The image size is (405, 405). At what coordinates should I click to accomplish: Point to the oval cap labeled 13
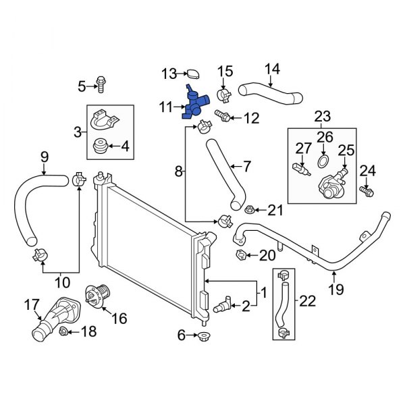(192, 73)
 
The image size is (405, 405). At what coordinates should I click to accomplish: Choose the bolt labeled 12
(221, 116)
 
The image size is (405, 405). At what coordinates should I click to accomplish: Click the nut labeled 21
(250, 211)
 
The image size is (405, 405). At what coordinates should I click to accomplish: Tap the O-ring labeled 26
(323, 162)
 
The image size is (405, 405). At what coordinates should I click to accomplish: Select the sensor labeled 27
(300, 169)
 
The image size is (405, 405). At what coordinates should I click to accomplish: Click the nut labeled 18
(63, 331)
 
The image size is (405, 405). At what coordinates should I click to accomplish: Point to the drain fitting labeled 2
(221, 305)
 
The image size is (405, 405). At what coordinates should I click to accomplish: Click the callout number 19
(335, 290)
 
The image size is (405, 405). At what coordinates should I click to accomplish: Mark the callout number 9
(45, 157)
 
